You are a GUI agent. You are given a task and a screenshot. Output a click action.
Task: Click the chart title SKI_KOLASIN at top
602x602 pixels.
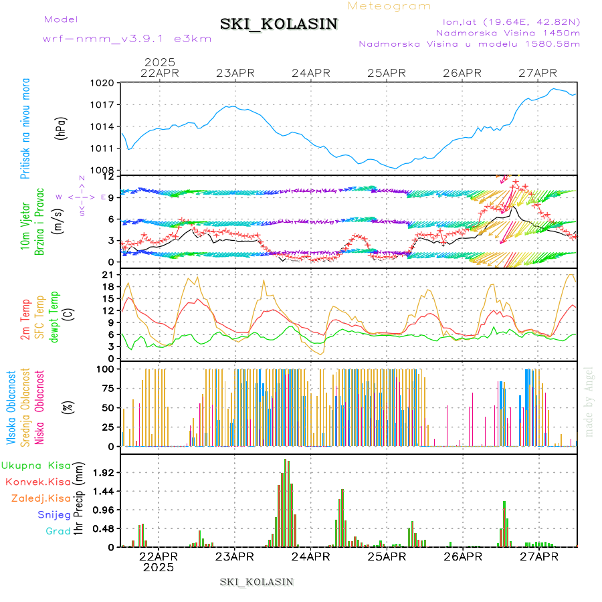(x=279, y=24)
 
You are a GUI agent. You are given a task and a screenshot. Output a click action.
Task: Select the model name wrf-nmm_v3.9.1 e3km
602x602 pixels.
(x=127, y=39)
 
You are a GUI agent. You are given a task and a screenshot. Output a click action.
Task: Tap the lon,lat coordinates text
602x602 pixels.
(x=506, y=22)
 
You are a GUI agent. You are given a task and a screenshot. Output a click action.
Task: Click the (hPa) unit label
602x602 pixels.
(x=60, y=128)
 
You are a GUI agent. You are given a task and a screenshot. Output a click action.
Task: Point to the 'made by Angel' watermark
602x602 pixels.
(x=589, y=401)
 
